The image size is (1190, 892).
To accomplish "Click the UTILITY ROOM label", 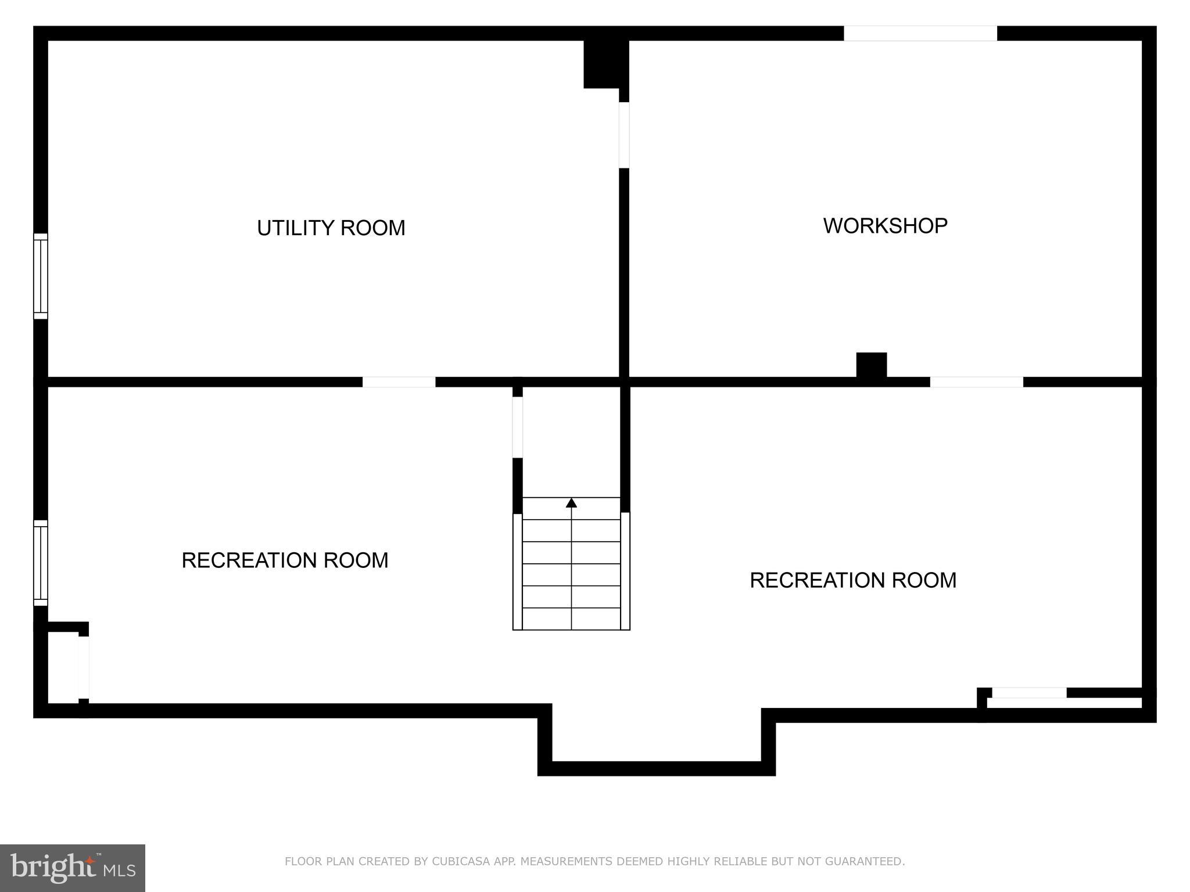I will point(331,228).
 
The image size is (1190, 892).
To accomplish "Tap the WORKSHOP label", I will point(885,225).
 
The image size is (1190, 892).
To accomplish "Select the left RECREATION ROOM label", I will point(285,560).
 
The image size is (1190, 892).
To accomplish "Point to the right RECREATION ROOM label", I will point(852,580).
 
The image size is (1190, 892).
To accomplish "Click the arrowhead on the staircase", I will point(571,503).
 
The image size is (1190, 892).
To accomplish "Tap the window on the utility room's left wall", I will point(40,276).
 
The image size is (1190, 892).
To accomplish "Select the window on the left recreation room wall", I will point(40,563).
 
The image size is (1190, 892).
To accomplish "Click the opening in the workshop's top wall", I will point(920,33).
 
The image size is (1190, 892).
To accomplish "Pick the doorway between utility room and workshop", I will point(624,135).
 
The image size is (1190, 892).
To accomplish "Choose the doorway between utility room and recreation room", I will point(399,382).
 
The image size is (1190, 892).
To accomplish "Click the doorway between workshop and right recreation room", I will point(976,382).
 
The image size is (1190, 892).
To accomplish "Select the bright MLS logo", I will point(73,868).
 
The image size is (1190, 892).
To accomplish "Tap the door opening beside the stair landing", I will point(517,427).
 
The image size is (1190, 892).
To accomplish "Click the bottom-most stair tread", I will point(571,619).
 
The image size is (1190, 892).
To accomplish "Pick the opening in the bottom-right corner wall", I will point(1028,693).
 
